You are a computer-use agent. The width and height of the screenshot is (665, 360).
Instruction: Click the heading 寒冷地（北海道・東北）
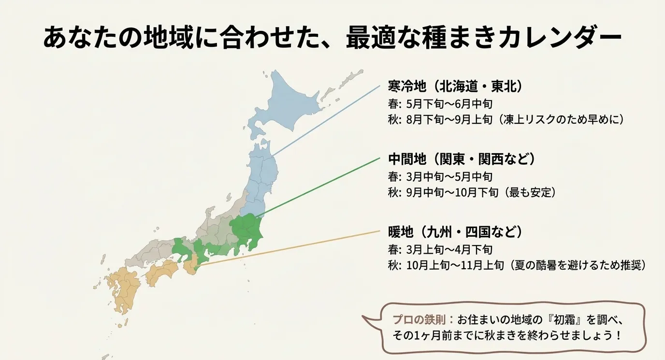tap(456, 87)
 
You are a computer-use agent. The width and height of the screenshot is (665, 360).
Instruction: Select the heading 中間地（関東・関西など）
tap(462, 159)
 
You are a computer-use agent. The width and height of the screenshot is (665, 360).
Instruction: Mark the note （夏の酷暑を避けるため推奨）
tap(577, 265)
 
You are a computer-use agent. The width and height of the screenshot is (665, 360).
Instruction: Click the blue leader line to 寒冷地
tap(326, 121)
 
